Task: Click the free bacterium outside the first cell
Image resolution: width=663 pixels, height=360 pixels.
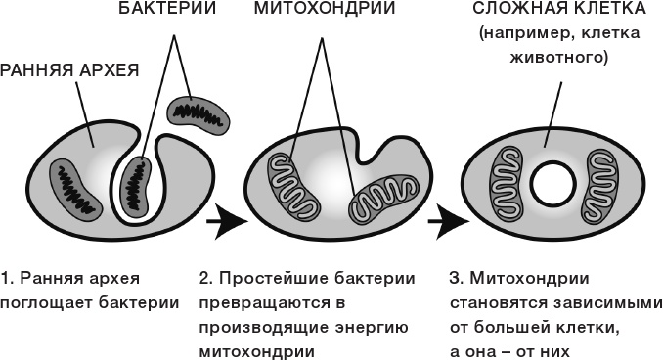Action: tap(197, 115)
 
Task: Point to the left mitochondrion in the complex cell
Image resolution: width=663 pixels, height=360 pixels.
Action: tap(508, 183)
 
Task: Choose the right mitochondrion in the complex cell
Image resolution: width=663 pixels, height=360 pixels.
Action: tap(598, 183)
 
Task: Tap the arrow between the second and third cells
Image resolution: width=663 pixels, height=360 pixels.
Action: tap(447, 222)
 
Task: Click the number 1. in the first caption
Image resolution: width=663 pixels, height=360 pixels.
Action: tap(8, 277)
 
